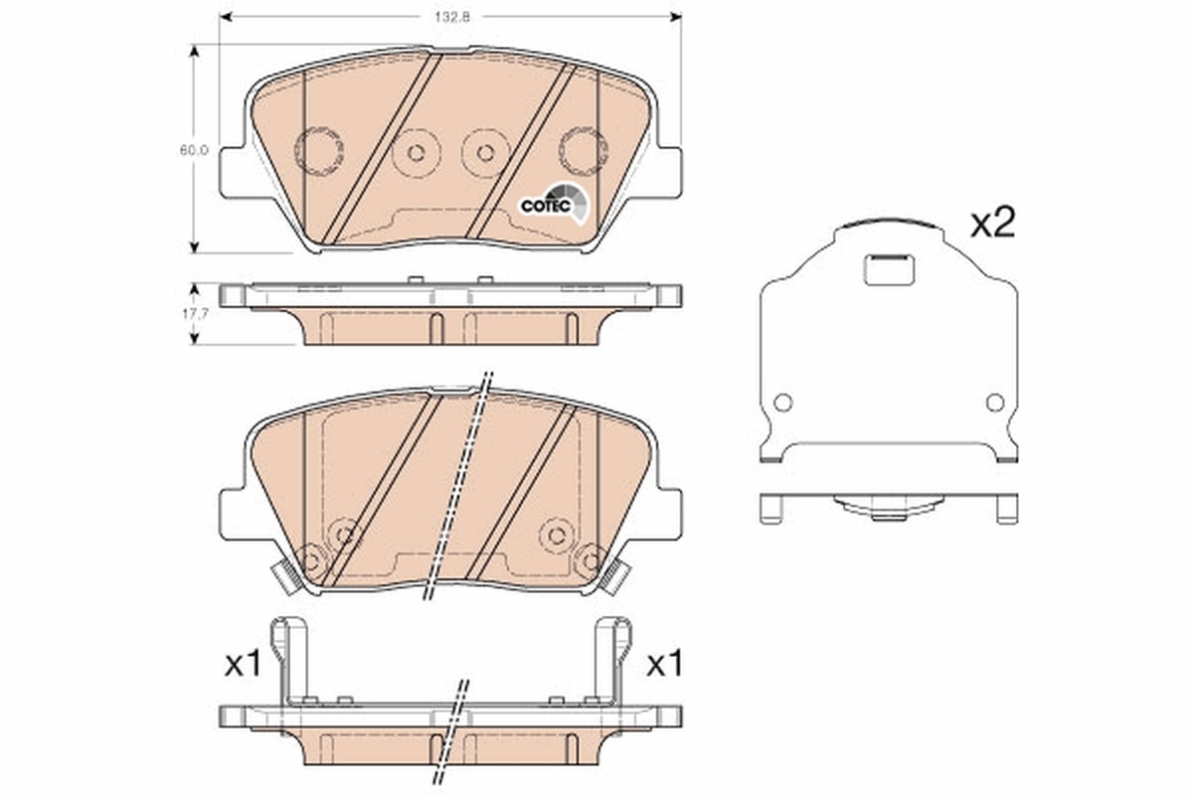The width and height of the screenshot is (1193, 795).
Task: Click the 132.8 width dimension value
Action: click(450, 16)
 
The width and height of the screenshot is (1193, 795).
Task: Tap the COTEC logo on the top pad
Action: click(548, 204)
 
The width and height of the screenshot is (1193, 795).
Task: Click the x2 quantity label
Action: click(991, 224)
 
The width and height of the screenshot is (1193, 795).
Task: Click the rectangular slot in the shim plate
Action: click(889, 268)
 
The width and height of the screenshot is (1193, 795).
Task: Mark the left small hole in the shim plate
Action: click(782, 402)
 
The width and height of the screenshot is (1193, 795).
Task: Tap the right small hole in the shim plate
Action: click(995, 402)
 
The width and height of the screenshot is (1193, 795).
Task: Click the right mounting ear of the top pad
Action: click(666, 172)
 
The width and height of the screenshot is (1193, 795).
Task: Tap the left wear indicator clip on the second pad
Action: click(286, 576)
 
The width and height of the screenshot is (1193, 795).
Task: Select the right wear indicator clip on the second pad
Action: click(615, 576)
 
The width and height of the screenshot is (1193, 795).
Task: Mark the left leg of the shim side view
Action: click(770, 508)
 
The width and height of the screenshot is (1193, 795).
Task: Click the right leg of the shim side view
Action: click(1006, 508)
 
